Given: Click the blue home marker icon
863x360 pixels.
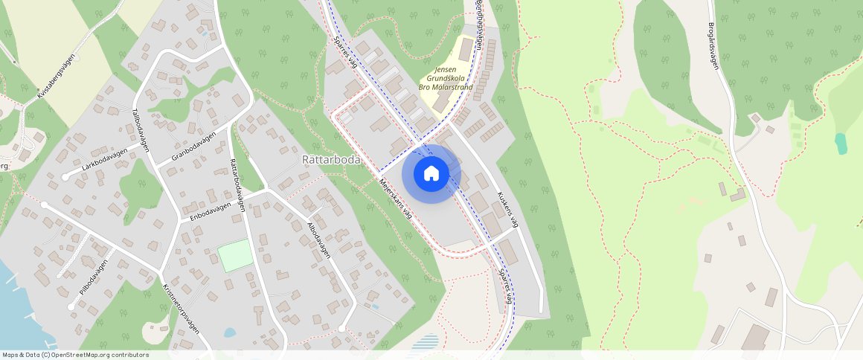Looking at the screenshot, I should point(431,174).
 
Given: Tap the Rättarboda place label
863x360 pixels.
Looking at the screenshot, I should point(331,160).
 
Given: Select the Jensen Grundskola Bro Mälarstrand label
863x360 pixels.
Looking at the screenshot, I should point(446,78).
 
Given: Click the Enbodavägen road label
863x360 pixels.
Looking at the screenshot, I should point(211,212).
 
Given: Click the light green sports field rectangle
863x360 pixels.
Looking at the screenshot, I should point(235,255).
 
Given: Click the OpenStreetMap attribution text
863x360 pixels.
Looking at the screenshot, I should point(75,355).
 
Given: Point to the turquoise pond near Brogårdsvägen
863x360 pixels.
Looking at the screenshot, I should point(840,143).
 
